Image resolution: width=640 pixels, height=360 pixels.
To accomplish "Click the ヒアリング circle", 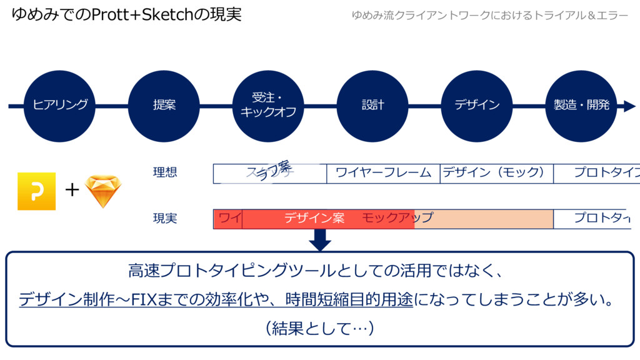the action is [x=60, y=106].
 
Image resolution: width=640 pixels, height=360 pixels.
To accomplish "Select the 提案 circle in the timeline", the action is [x=164, y=106].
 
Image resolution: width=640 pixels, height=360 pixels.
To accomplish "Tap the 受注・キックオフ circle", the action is [x=268, y=106].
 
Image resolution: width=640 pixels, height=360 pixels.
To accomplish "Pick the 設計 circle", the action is [x=372, y=106].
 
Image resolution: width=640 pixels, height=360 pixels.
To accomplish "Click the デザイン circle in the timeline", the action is [x=477, y=106].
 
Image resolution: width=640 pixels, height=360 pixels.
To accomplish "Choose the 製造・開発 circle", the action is [x=581, y=106].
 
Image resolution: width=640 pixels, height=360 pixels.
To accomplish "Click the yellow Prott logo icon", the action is [x=36, y=191].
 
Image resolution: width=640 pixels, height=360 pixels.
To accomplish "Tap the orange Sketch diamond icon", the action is [x=102, y=191].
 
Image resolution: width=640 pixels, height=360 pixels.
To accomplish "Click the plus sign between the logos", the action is [x=72, y=189].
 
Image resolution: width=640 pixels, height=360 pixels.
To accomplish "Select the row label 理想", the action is [x=165, y=172].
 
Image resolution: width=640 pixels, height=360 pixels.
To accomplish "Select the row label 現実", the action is [x=165, y=218].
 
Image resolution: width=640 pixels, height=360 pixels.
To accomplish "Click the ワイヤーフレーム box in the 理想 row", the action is [x=383, y=173].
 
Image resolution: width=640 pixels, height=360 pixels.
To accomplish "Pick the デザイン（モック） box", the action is [x=496, y=173].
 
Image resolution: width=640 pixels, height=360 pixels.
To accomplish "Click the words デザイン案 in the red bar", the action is [x=314, y=218].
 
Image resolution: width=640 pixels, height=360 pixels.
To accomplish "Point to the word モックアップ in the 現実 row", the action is [x=397, y=218].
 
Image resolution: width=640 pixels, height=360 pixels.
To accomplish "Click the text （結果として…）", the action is [x=319, y=327].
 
